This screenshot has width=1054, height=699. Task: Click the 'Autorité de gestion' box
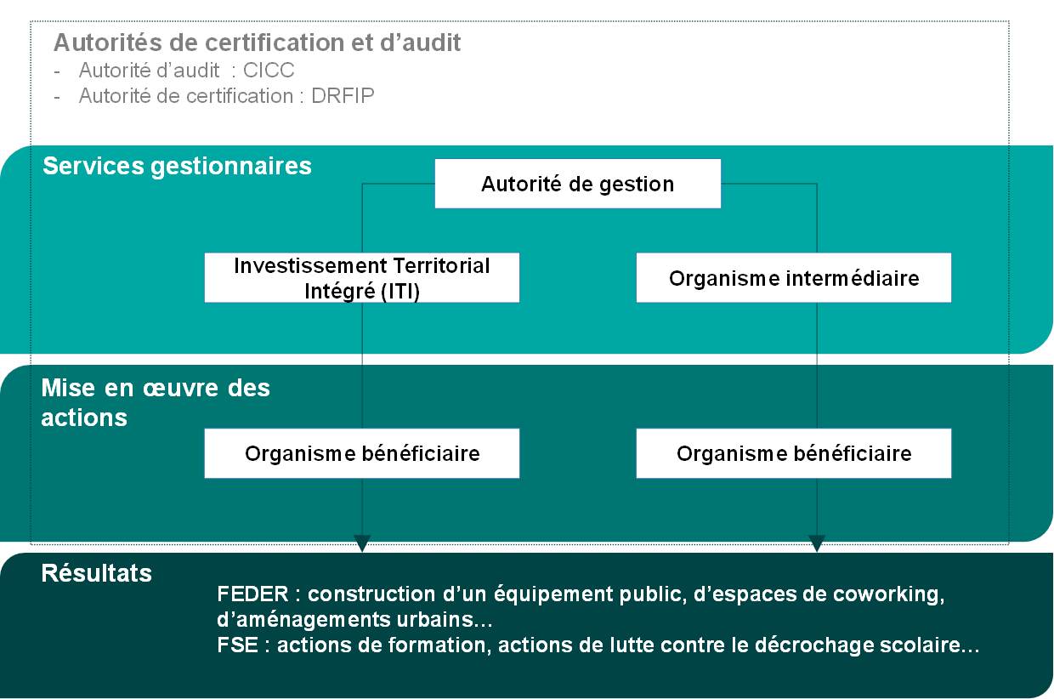point(578,184)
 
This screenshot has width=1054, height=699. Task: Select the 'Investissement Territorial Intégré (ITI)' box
point(362,278)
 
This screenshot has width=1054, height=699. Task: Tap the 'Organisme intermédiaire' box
point(794,278)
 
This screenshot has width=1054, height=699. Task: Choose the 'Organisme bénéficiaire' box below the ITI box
point(362,453)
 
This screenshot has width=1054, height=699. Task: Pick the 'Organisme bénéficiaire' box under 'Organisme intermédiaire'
point(794,453)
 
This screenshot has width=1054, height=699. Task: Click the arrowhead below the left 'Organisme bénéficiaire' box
point(362,543)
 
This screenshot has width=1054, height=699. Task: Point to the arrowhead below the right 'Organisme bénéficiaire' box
point(817,543)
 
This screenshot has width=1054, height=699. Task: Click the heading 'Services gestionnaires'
point(177,167)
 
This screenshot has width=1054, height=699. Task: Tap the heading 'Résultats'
point(96,573)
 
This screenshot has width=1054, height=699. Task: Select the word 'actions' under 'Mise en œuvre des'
point(84,418)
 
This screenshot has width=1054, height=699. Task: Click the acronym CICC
point(269,71)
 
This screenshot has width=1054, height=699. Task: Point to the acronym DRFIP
point(343,96)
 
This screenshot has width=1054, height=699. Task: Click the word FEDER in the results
point(252,594)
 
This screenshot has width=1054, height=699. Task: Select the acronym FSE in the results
point(238,645)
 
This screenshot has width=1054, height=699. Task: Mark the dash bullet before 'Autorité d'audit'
point(57,71)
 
